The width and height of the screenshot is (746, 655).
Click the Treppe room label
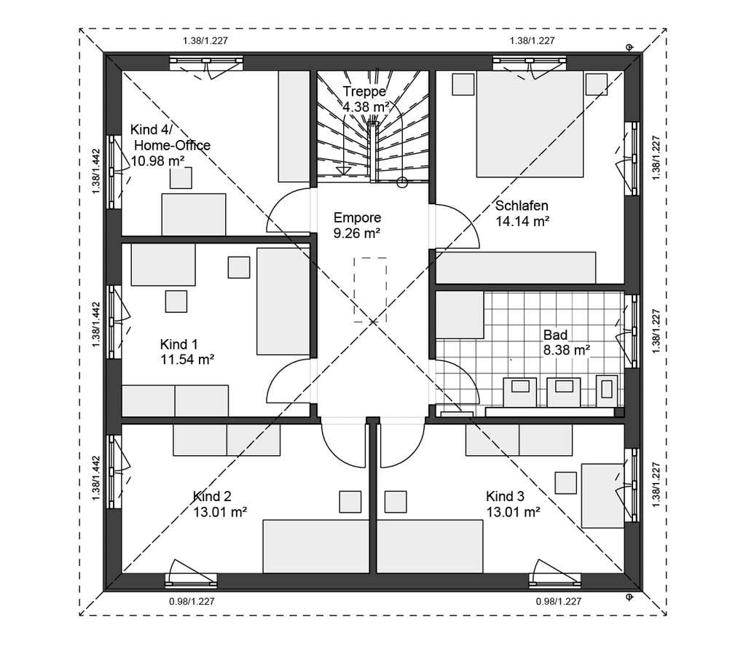pos(364,91)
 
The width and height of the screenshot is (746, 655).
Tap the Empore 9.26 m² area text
pos(357,225)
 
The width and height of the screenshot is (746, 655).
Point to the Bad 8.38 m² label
pos(567,343)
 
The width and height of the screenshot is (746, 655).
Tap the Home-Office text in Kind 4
pos(172,145)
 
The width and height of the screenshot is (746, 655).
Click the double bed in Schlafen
pos(530,124)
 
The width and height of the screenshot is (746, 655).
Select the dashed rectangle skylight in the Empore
pos(370,290)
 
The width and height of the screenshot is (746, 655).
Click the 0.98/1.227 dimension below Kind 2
pos(192,602)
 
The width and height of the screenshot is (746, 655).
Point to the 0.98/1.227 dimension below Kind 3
pos(559,602)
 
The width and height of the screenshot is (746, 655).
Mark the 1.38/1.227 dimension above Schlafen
pos(532,41)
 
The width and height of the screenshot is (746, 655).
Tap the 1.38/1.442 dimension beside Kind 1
pos(96,325)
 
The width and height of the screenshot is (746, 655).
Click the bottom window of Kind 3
pos(554,579)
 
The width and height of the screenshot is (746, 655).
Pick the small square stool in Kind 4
pos(181,178)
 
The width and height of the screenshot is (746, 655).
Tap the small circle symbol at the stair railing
pos(402,182)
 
